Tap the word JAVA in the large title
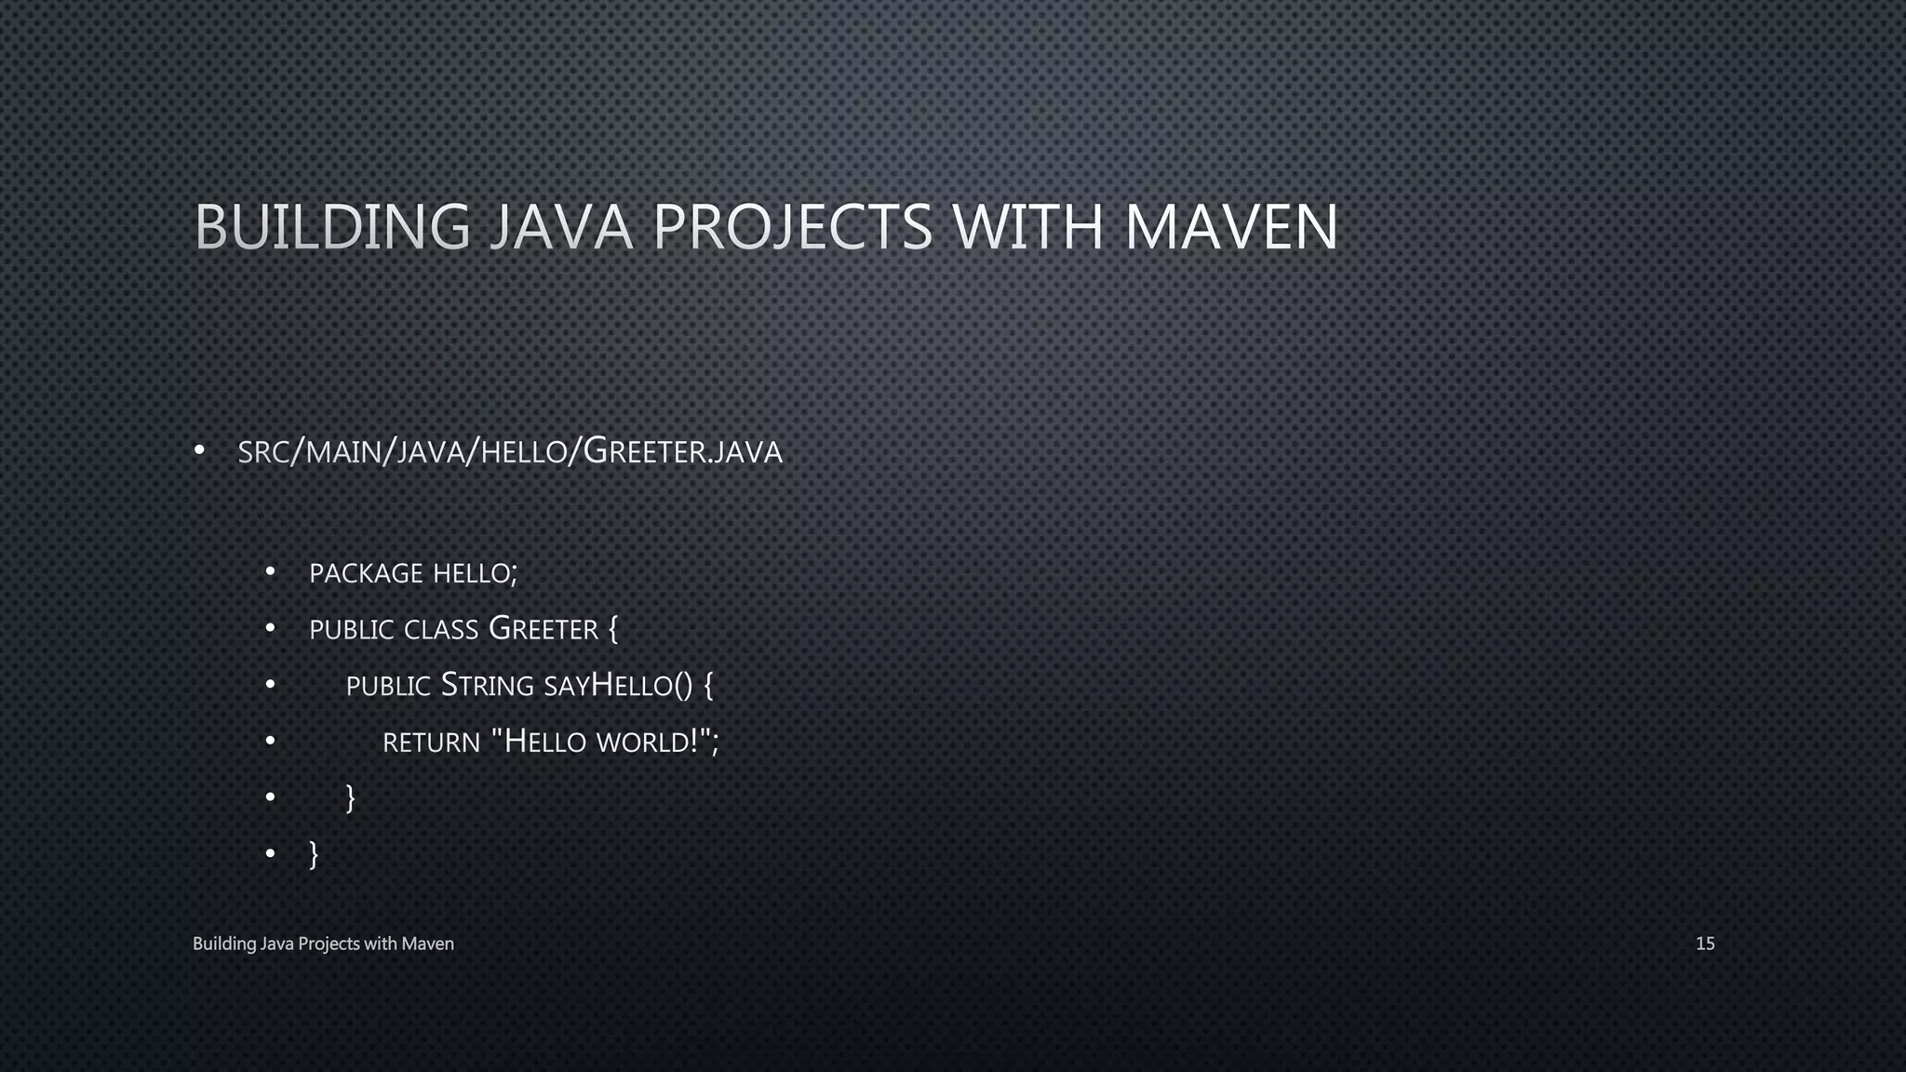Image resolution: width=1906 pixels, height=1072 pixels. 561,227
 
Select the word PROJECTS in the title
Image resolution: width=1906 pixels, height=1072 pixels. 792,227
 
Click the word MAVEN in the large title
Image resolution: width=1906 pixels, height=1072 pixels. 1231,227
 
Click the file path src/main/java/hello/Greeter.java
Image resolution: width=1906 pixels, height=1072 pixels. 510,451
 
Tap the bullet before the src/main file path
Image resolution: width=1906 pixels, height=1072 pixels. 199,451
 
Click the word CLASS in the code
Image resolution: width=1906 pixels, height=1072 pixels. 440,630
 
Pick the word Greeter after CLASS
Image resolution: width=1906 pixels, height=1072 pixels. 543,630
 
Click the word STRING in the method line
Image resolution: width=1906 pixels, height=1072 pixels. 487,686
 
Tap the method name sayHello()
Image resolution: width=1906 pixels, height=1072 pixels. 618,686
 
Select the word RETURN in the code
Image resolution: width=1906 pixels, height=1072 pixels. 431,743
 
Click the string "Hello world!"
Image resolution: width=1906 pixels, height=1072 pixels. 600,742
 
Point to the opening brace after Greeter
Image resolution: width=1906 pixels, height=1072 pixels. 612,630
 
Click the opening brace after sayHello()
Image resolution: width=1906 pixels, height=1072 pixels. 708,687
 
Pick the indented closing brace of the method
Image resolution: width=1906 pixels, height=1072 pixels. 350,798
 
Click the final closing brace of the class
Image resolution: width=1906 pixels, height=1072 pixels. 314,853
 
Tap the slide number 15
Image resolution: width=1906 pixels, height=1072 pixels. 1705,944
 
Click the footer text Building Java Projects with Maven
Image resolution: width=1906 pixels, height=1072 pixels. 323,944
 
